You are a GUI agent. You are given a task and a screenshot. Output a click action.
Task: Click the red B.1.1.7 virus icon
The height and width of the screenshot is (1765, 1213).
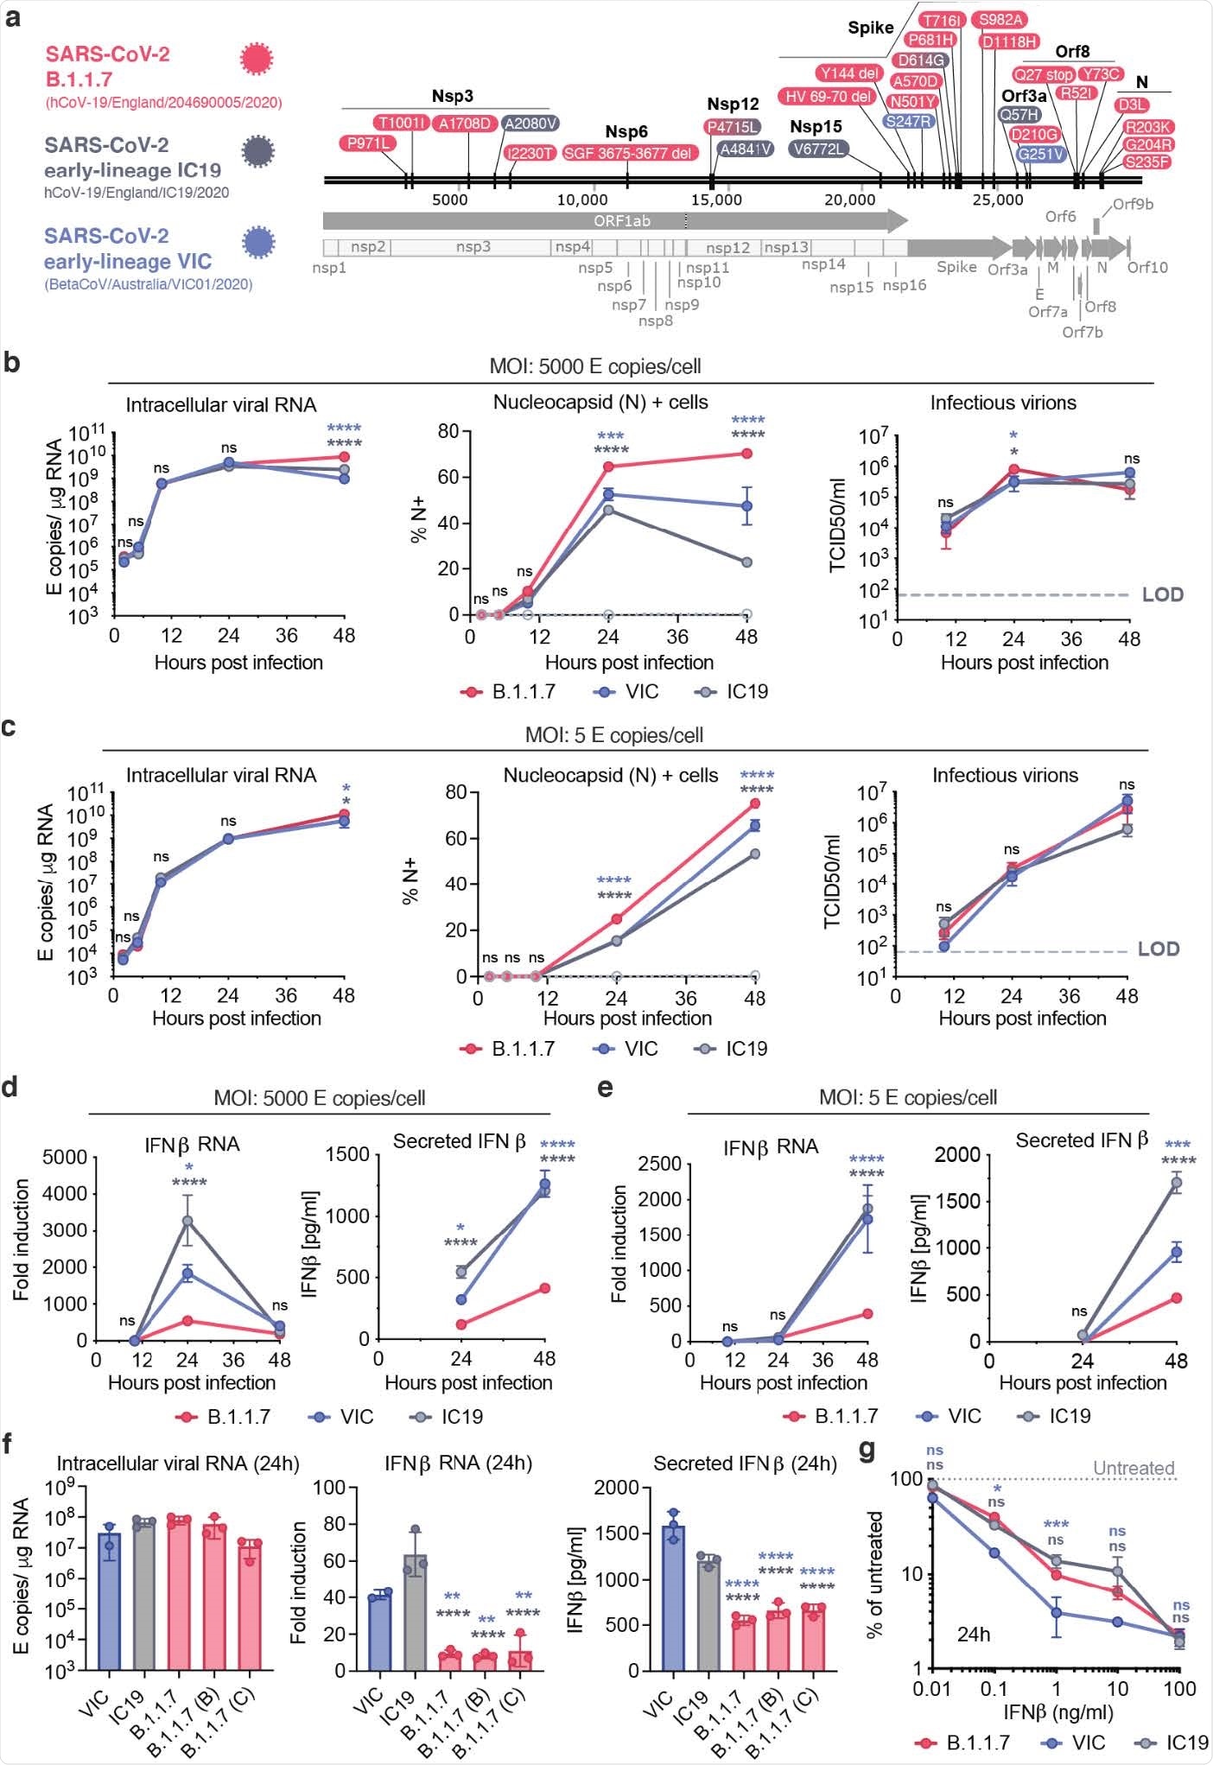click(x=256, y=60)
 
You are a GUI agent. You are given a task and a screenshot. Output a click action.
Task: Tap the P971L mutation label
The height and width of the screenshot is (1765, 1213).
click(x=368, y=143)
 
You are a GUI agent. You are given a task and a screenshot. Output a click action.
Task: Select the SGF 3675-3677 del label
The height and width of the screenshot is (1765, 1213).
click(x=629, y=153)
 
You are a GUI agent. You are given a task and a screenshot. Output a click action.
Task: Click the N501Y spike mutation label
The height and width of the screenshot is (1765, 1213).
click(x=912, y=101)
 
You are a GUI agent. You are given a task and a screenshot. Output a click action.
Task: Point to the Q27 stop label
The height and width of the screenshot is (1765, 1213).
click(x=1044, y=74)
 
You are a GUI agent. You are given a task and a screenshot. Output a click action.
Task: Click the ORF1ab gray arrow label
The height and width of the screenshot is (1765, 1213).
click(x=621, y=221)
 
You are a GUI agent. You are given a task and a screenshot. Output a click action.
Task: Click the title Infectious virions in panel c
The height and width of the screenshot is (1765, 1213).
click(x=1005, y=775)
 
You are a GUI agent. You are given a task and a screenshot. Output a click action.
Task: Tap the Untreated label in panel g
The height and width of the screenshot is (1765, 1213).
click(x=1134, y=1468)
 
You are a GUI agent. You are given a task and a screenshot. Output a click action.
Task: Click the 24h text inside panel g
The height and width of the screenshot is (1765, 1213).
click(x=973, y=1635)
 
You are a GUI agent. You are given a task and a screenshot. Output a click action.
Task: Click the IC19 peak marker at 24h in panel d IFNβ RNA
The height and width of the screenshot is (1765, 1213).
click(x=187, y=1221)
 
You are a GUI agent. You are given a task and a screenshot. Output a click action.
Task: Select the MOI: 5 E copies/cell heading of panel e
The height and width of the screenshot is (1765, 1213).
click(x=907, y=1097)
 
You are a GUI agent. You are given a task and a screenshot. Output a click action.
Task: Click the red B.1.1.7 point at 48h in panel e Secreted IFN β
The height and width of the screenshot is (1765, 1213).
click(x=1176, y=1298)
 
